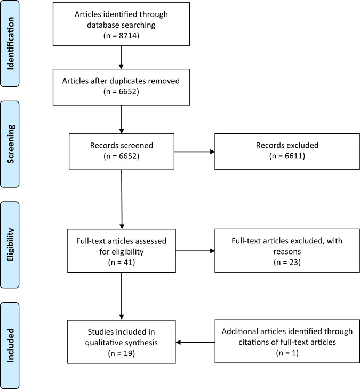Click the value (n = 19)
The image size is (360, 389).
click(122, 353)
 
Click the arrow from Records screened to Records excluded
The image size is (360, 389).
click(195, 152)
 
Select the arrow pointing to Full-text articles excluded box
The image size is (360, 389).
click(195, 250)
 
